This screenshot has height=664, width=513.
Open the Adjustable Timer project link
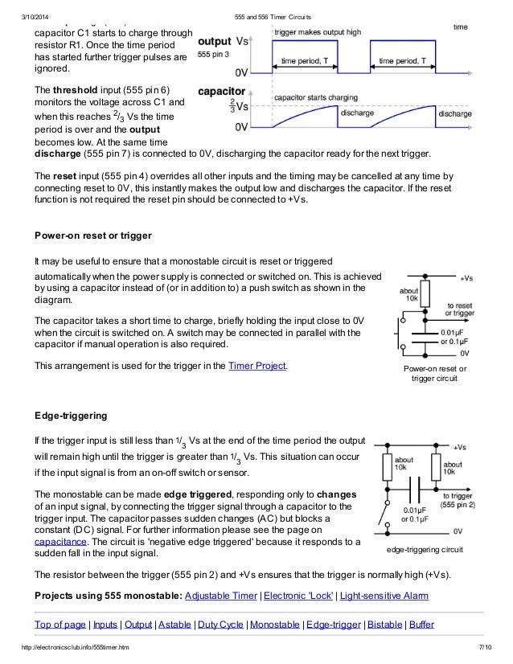pyautogui.click(x=220, y=596)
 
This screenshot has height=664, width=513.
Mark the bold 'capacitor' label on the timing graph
pyautogui.click(x=221, y=92)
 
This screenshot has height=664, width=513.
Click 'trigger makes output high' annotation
pyautogui.click(x=317, y=31)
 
